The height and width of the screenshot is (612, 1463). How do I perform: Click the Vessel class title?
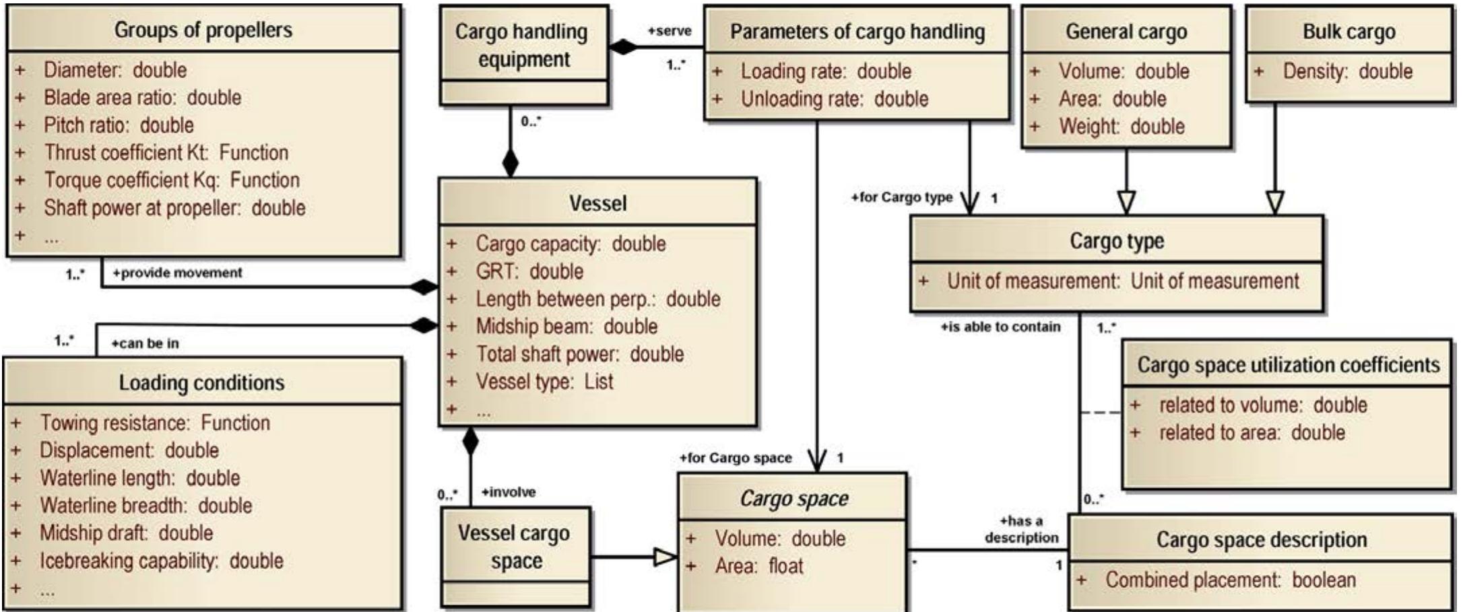point(597,203)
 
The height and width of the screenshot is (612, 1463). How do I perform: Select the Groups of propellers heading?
point(203,30)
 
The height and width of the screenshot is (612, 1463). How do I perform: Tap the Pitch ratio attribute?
point(119,125)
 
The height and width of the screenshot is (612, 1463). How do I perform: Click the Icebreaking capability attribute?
point(161,561)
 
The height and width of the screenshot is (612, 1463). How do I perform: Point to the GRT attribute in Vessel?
point(529,271)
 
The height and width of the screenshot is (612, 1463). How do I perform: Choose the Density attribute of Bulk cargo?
point(1347,71)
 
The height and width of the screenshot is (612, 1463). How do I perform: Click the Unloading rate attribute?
point(834,99)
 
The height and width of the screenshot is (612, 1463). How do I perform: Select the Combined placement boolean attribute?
point(1230,580)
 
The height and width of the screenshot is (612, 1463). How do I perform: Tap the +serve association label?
point(669,31)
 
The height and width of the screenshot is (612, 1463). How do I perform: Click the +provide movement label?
point(177,273)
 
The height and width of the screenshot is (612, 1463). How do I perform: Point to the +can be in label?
point(145,343)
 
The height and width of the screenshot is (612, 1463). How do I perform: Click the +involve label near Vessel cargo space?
point(509,492)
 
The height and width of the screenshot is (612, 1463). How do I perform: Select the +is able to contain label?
point(1000,327)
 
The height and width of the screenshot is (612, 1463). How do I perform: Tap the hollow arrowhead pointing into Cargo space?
point(665,557)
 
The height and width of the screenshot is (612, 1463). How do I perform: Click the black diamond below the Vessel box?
point(470,441)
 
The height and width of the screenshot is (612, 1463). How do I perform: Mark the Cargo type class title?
point(1117,240)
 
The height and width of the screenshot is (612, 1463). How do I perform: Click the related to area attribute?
point(1251,432)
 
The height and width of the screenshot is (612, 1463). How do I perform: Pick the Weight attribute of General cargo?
point(1121,127)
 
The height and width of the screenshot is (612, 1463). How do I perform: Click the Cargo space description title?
point(1261,539)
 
